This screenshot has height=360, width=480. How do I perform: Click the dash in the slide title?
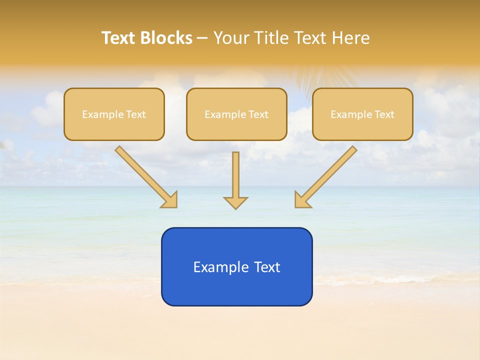tap(203, 38)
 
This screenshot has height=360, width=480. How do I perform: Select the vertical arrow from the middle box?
tap(235, 175)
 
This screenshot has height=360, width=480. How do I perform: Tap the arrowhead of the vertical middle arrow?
tap(235, 202)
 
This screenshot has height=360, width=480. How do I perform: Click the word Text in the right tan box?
tap(384, 114)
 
